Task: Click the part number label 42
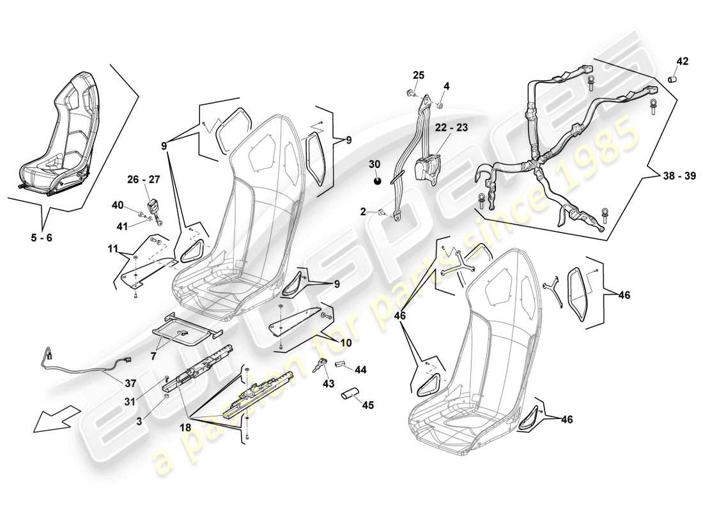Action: [683, 62]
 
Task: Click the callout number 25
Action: [418, 75]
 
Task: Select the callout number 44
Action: [360, 369]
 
